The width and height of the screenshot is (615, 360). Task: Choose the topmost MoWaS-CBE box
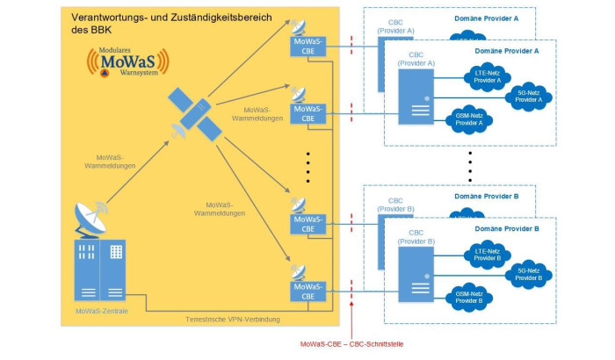[307, 46]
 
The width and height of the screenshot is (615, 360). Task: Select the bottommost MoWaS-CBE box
[307, 292]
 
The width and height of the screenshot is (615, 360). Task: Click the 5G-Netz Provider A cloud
[529, 97]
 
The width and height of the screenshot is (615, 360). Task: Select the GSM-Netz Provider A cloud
[468, 119]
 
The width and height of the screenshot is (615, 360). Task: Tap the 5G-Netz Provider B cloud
[529, 274]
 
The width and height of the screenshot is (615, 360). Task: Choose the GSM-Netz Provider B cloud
[468, 297]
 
